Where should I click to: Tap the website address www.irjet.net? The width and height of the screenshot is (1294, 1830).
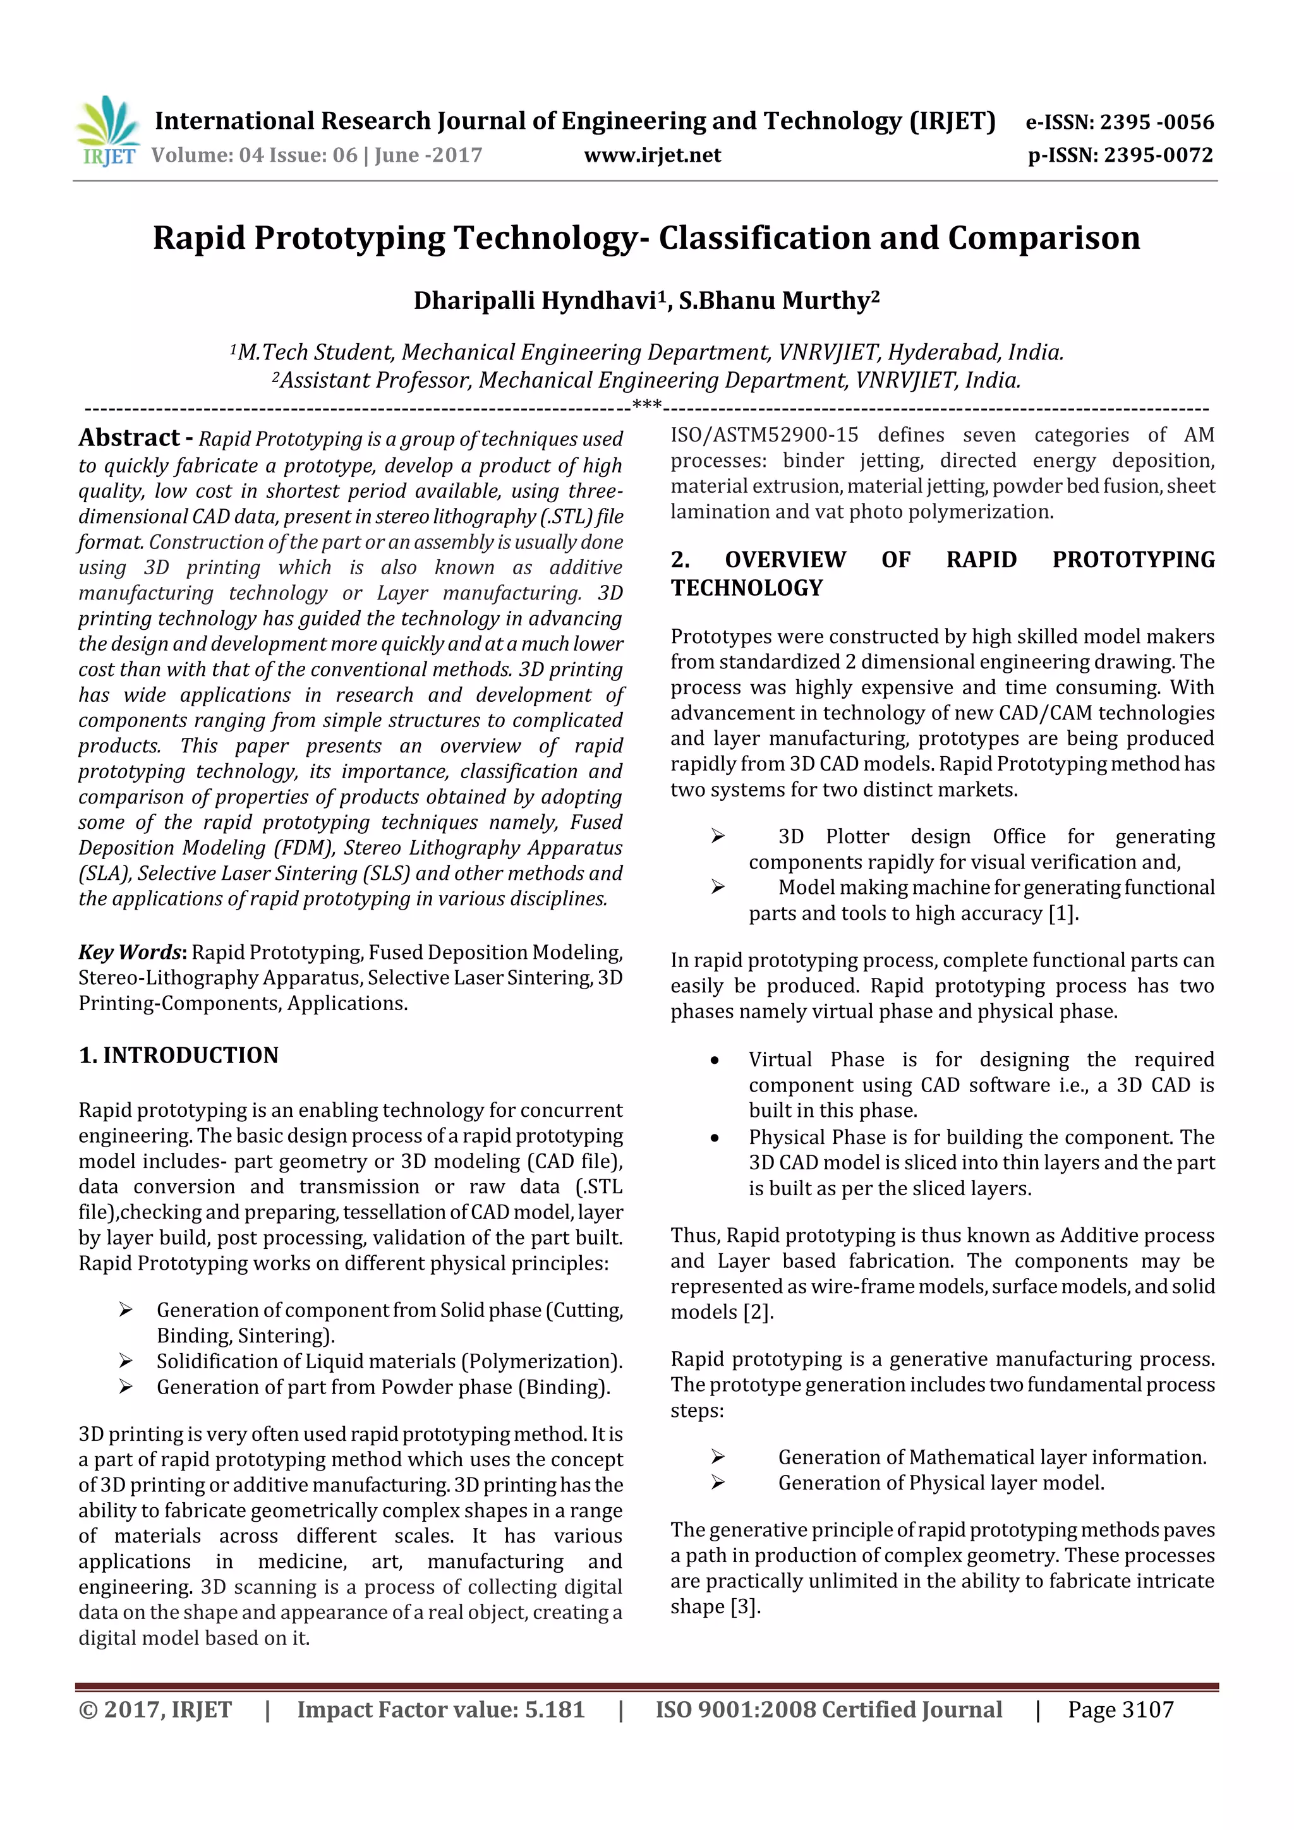pos(652,155)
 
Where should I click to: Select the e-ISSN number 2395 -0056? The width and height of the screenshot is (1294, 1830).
pos(1157,123)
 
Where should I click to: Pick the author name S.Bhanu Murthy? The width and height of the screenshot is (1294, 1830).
pos(774,301)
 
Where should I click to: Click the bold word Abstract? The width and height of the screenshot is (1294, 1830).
pos(129,438)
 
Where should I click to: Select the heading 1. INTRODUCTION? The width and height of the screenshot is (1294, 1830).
pos(179,1056)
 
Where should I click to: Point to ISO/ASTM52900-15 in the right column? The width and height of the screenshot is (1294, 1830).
pos(764,435)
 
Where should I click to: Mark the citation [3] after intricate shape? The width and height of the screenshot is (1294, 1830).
pos(746,1607)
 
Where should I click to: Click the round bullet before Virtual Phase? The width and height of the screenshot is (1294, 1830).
pos(715,1061)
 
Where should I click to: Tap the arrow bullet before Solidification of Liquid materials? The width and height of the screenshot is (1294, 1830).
pos(125,1361)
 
